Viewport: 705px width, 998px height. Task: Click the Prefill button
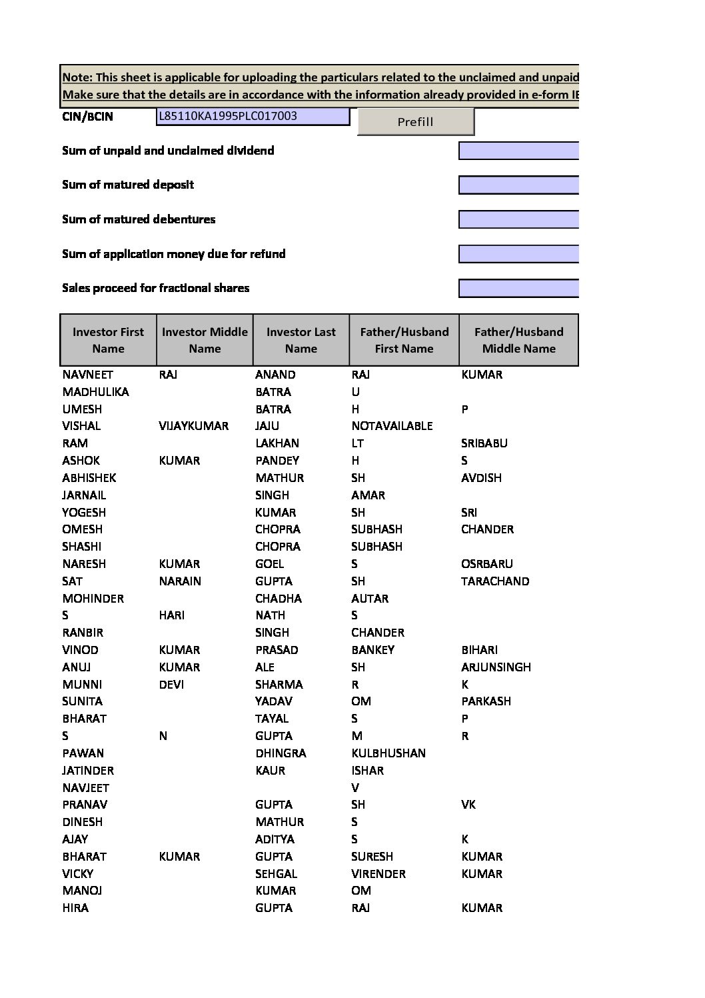click(x=415, y=121)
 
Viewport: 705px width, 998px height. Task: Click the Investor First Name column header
click(x=108, y=340)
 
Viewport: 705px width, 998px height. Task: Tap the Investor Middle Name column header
click(x=205, y=340)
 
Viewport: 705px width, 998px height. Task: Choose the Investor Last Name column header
click(x=301, y=340)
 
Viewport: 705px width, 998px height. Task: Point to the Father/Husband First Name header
click(x=404, y=340)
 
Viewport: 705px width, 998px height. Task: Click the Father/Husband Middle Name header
click(x=518, y=340)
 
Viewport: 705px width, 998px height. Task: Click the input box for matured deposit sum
click(x=518, y=185)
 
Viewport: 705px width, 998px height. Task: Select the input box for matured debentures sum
click(x=518, y=219)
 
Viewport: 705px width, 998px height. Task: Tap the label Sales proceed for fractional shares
click(x=155, y=288)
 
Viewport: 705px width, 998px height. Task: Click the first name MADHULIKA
click(x=95, y=392)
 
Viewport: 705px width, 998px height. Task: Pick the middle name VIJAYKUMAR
click(x=193, y=426)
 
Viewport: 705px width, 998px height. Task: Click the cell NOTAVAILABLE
click(x=392, y=426)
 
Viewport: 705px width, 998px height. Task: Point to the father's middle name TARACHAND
click(x=495, y=581)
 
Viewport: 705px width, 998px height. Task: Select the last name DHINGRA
click(x=281, y=753)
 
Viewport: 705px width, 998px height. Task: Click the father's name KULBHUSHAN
click(x=388, y=753)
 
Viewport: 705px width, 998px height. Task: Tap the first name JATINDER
click(x=88, y=771)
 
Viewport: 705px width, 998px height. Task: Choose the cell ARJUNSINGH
click(x=496, y=667)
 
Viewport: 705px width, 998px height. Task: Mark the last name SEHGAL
click(x=276, y=874)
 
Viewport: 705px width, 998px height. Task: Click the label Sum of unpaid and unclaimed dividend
click(x=168, y=151)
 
